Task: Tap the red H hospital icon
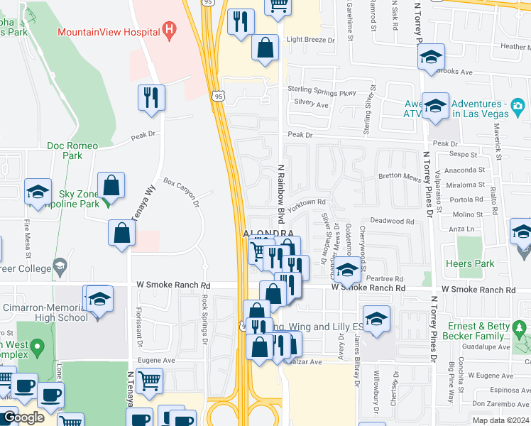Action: click(169, 31)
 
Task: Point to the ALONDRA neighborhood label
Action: click(268, 234)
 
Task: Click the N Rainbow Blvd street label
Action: click(280, 194)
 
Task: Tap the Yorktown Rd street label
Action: click(307, 202)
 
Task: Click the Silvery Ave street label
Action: click(312, 105)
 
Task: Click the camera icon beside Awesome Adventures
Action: click(518, 107)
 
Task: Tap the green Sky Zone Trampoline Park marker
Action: click(105, 202)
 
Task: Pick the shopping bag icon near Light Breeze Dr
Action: click(265, 48)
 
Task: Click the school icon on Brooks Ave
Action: click(431, 59)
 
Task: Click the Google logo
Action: click(23, 417)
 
